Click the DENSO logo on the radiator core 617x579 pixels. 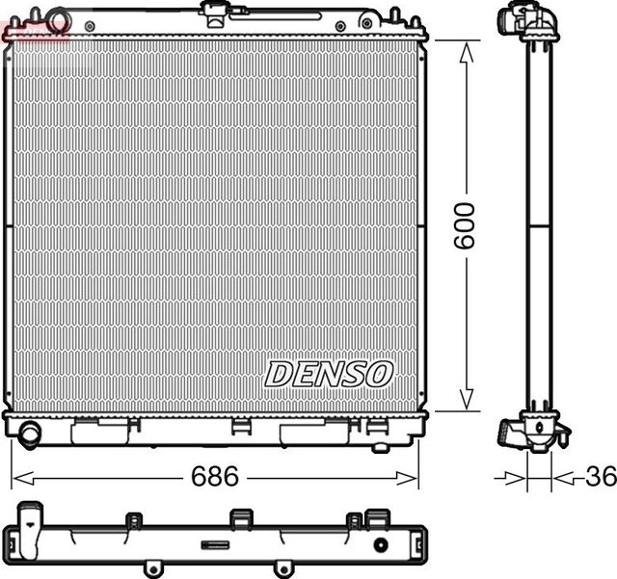click(x=329, y=374)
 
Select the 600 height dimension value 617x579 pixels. click(x=465, y=225)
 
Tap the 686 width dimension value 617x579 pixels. click(x=215, y=477)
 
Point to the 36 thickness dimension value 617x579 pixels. click(x=601, y=477)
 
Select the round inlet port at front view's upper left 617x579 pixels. click(x=58, y=20)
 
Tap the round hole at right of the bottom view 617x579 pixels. click(x=380, y=545)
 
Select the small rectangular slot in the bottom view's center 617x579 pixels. click(x=215, y=544)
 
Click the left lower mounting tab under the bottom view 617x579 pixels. click(x=151, y=568)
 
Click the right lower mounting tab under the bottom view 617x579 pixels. click(x=282, y=568)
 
